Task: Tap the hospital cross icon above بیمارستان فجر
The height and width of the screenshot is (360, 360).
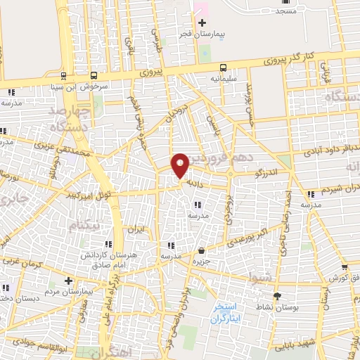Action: pos(202,23)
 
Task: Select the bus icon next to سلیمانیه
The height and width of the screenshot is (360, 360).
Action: pos(223,67)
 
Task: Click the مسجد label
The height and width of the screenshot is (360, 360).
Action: pos(286,11)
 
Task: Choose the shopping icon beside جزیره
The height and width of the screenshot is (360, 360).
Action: pos(202,250)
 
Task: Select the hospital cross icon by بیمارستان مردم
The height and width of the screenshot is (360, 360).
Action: pos(67,281)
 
